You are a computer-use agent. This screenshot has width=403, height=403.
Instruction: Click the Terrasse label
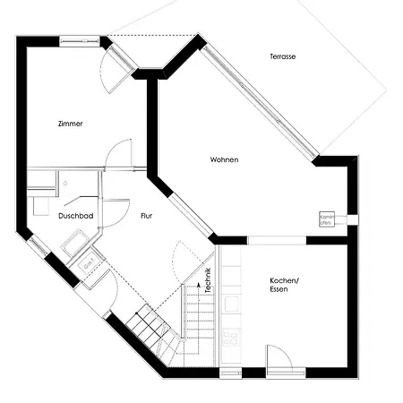pos(282,56)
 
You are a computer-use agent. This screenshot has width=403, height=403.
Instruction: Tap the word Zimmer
pos(70,124)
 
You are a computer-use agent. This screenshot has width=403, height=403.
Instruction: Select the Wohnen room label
pos(225,159)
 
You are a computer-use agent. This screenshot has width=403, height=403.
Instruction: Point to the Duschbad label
pos(76,216)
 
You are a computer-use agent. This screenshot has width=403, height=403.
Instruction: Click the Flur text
pos(148,216)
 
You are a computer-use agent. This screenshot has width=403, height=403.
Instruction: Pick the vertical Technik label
pos(208,282)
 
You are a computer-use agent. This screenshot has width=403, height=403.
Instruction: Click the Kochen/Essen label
pos(285,286)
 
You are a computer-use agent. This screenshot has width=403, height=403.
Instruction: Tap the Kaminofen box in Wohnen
pos(327,219)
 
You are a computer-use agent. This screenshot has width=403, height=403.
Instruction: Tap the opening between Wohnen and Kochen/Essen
pos(277,239)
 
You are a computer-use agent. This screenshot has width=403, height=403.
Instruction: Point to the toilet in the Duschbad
pos(40,205)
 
